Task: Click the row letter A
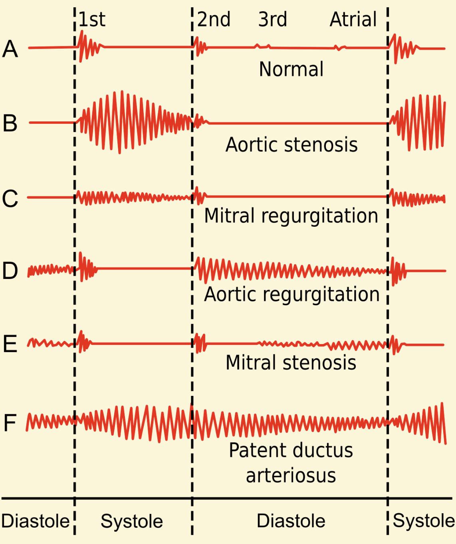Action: pos(10,49)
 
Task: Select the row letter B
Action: pos(10,123)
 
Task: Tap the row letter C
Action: pos(10,198)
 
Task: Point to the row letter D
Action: pos(10,271)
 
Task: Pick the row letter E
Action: pos(10,344)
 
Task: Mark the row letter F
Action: pos(10,423)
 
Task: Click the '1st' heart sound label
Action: pos(92,19)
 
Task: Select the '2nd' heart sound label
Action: pos(214,19)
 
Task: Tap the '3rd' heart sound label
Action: pos(272,19)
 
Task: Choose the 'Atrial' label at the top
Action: pos(353,19)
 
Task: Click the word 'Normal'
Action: pos(291,69)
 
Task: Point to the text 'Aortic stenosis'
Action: pos(291,144)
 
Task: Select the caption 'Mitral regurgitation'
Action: pos(291,216)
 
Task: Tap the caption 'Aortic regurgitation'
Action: pos(292,295)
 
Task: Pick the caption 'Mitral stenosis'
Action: pos(291,363)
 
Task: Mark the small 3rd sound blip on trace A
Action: pos(262,47)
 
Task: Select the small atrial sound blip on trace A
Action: pos(340,48)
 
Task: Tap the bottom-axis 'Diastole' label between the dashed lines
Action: pos(291,521)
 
